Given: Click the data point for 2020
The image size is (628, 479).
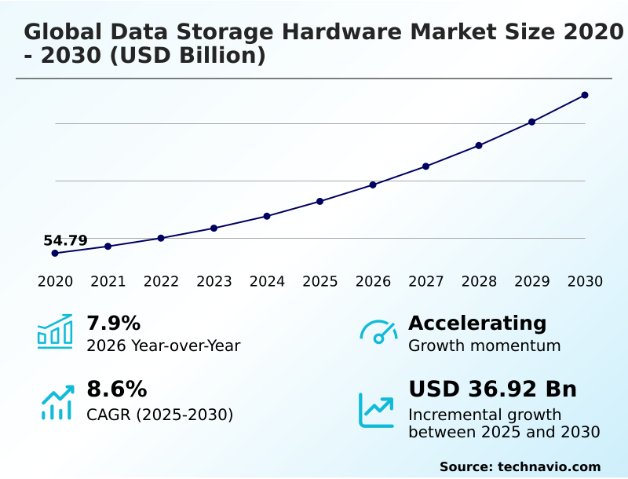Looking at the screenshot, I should (55, 253).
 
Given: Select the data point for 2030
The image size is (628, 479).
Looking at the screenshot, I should (585, 95).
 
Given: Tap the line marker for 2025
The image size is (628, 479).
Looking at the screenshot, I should (320, 201).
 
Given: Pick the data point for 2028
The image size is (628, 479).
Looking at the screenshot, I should (479, 145).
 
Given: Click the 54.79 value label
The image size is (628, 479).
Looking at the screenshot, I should (65, 240).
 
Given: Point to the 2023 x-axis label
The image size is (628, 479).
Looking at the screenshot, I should (214, 282).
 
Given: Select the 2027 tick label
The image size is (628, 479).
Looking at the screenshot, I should (426, 282).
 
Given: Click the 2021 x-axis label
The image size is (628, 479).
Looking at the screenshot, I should (108, 282).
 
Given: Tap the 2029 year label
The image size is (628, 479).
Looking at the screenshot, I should (532, 282).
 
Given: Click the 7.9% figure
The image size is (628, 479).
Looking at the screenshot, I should (113, 323).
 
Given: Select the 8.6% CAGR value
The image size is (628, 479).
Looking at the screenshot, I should (116, 389).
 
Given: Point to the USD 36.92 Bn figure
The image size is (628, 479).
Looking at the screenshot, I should (492, 389).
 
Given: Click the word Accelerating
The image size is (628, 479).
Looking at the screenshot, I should (477, 323).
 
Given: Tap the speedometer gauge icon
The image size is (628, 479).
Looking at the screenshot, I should (378, 331).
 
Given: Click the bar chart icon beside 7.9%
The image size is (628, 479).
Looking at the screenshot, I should (55, 331).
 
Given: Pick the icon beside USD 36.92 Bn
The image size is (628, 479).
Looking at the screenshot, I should (377, 410).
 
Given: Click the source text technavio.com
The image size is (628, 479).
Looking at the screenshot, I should (549, 466).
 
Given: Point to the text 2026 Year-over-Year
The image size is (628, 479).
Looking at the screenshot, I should (163, 346).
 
